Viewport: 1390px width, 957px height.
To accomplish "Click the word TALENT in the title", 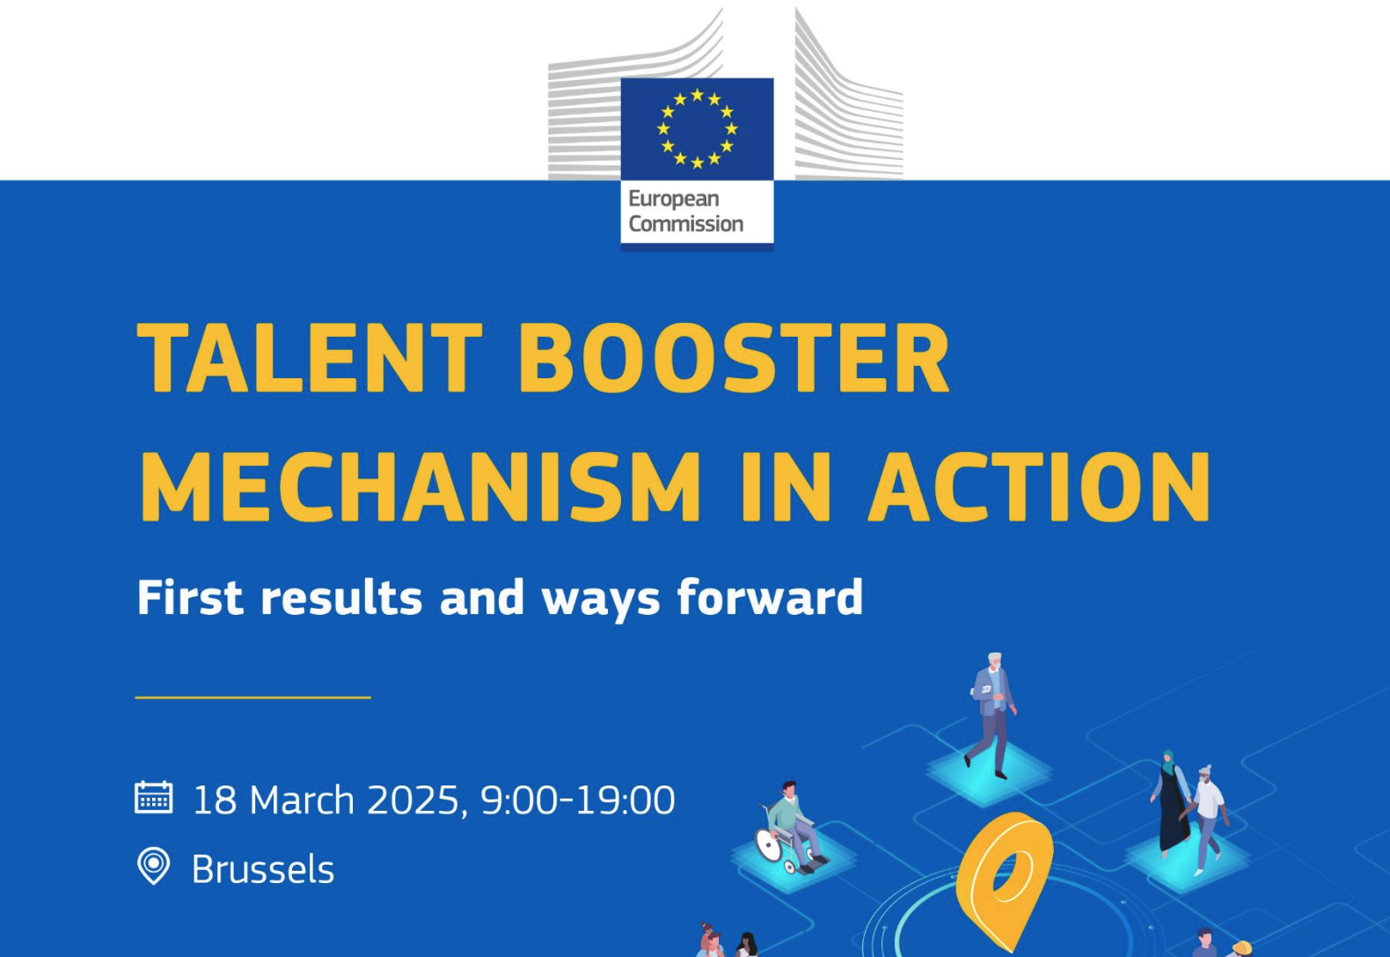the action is tap(309, 358).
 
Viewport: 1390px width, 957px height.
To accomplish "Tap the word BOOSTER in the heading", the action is tap(734, 358).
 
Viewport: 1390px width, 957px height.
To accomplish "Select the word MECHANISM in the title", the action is tap(421, 486).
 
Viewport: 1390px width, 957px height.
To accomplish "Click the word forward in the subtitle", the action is tap(770, 596).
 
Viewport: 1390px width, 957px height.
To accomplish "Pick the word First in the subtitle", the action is tap(189, 597).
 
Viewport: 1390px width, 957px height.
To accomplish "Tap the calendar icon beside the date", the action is tap(153, 797).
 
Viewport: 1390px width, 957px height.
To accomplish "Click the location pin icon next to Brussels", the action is tap(153, 866).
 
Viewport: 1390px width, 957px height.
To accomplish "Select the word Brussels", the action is tap(263, 869).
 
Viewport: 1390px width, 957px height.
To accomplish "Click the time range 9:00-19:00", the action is tap(578, 800).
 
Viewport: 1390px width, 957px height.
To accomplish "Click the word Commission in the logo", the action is tap(685, 223).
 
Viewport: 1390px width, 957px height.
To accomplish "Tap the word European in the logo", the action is tap(674, 199).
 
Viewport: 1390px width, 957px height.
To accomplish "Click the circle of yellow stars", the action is tap(698, 128).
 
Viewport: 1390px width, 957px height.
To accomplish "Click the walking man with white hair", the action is tap(993, 714).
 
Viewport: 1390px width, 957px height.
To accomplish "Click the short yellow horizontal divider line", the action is tap(253, 698).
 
